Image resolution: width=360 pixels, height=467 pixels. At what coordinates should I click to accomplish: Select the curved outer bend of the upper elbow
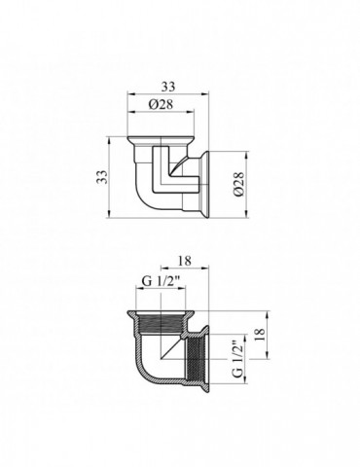click(x=141, y=199)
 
